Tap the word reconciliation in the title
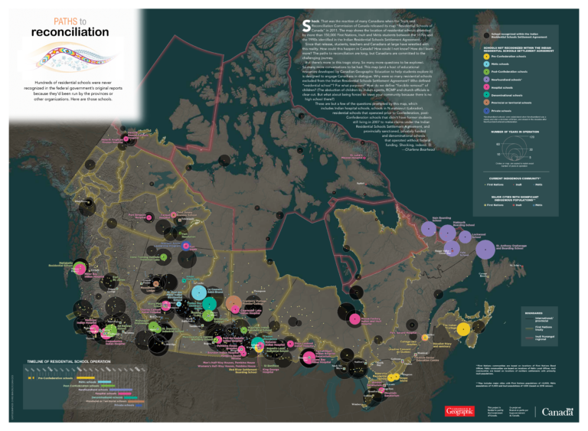point(69,33)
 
